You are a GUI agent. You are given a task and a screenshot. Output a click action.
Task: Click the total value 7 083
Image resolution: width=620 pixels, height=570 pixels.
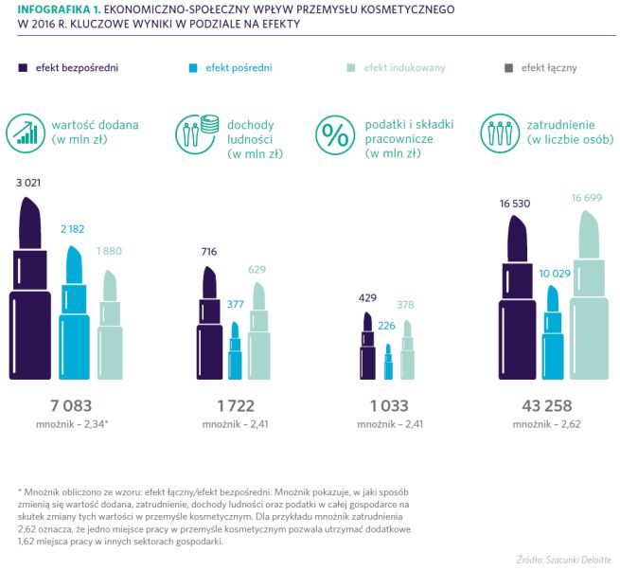pos(70,405)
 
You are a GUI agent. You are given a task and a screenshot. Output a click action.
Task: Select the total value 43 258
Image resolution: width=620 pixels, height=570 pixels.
pos(546,405)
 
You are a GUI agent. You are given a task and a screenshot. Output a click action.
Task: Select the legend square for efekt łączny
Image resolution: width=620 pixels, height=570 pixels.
pos(508,68)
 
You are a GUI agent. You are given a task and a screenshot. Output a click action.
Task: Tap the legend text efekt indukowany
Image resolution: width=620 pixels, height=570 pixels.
pos(404,68)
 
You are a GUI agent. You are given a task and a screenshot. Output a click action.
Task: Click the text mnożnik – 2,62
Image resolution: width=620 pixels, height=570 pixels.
pos(546,425)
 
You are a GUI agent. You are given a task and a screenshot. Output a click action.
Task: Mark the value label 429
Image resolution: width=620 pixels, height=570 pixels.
pos(368,297)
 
